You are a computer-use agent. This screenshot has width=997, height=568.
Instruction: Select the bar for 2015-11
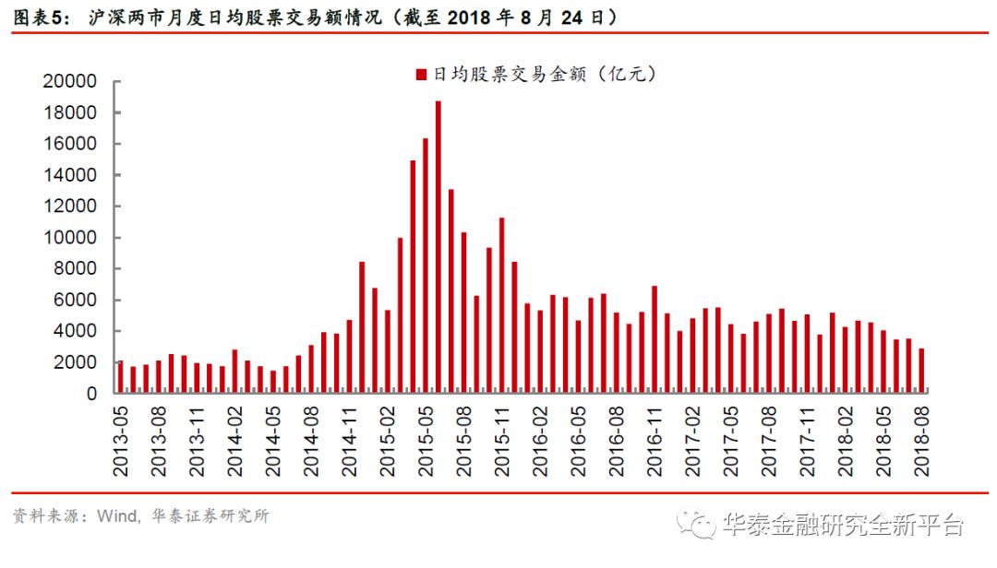point(501,305)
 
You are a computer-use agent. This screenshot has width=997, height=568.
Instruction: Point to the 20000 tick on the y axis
point(69,82)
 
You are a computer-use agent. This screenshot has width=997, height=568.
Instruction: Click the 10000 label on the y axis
point(69,238)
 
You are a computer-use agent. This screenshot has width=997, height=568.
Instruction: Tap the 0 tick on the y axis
point(91,394)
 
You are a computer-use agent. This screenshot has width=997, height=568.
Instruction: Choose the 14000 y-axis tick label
point(69,175)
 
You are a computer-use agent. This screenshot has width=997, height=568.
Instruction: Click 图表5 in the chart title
point(39,17)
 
